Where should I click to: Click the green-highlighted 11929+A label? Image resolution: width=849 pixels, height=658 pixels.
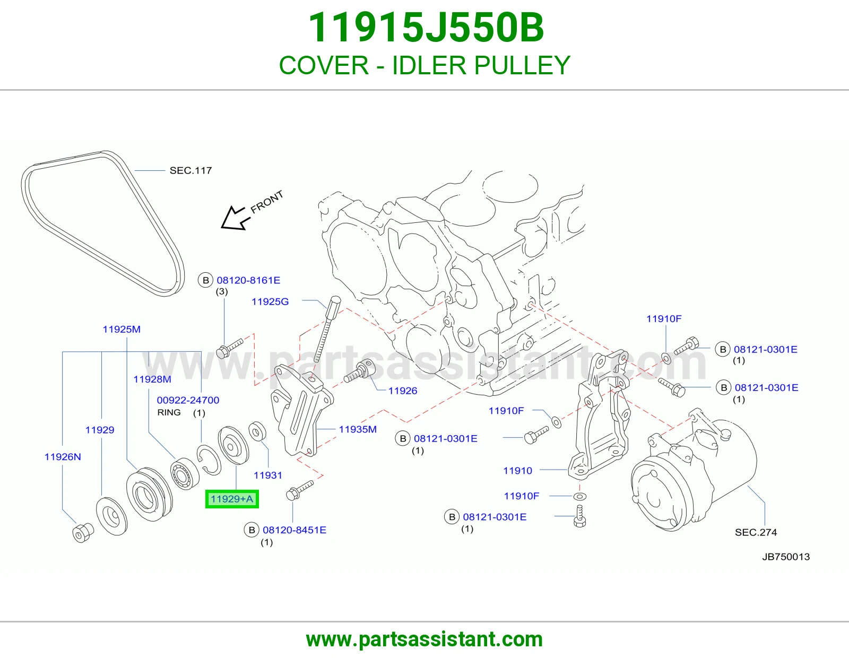coord(232,499)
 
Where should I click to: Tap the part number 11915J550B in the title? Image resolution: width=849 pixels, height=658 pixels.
coord(426,28)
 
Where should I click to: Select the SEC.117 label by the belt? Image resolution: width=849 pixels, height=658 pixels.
coord(190,170)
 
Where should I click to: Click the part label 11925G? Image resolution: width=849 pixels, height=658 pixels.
coord(270,301)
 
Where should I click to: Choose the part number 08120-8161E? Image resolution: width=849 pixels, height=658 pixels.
coord(248,280)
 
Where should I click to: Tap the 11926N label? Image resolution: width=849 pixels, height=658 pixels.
coord(63,457)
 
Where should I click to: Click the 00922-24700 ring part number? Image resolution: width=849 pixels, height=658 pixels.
coord(188,400)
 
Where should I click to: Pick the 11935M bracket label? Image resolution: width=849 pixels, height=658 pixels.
coord(358,429)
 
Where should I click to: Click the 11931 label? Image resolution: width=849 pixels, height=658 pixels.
coord(267,475)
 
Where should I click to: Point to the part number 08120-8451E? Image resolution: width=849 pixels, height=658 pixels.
coord(294,530)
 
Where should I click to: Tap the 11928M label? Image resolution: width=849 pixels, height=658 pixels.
coord(152,379)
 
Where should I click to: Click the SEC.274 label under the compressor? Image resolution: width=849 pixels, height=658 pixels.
coord(756,532)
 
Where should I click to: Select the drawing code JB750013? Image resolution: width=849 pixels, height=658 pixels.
coord(786,557)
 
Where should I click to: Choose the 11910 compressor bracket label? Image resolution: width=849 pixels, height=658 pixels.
coord(518,471)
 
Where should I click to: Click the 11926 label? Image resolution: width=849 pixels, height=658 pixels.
coord(402,391)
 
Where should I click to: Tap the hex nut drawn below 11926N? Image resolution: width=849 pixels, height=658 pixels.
coord(83,533)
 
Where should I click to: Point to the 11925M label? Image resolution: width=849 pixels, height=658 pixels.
coord(122,330)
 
